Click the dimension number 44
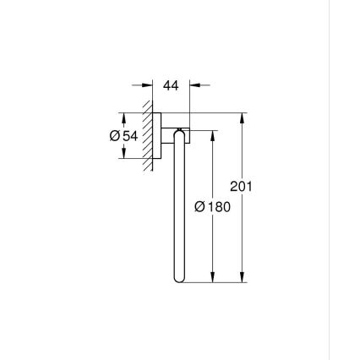pos(172,85)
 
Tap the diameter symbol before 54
pos(116,136)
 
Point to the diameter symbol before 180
pos(199,206)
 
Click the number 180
pos(218,206)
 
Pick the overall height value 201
pos(241,187)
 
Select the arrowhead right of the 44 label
pos(195,85)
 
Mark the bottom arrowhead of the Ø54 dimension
pos(125,153)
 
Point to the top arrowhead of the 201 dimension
pos(243,117)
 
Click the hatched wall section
pos(149,135)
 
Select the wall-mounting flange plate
pos(156,135)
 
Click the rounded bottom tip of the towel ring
pos(177,280)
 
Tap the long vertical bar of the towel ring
pos(177,211)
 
